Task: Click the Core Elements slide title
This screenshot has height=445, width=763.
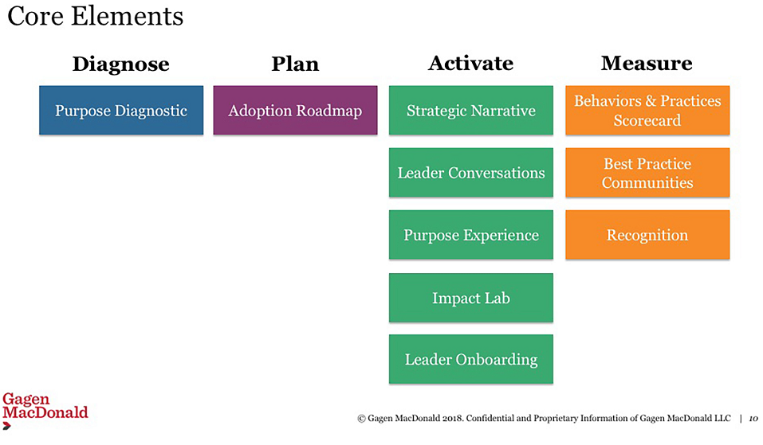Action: (96, 16)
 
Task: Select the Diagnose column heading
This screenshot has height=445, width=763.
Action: (121, 64)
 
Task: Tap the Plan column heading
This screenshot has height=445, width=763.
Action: (295, 64)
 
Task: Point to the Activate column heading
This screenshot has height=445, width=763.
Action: (471, 63)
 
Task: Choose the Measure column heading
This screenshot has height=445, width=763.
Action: (647, 63)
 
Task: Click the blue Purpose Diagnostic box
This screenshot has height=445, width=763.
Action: (121, 111)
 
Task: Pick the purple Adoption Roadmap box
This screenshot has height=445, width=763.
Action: (295, 111)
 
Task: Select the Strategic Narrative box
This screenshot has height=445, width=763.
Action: (471, 111)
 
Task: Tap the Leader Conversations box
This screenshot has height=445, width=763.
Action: (471, 173)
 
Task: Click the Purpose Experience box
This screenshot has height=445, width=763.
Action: (471, 235)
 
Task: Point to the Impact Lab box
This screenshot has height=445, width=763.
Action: (471, 298)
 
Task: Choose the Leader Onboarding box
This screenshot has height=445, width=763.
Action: (471, 359)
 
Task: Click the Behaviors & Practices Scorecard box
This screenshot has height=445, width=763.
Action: (647, 111)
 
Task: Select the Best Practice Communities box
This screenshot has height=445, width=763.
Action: (647, 173)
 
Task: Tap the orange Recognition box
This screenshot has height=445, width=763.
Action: (647, 235)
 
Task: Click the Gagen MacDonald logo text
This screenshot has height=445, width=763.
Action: (45, 406)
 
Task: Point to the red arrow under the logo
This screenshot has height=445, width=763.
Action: (7, 426)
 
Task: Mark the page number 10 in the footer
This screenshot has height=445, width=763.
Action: (753, 418)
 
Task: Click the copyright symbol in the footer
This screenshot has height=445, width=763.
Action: (361, 418)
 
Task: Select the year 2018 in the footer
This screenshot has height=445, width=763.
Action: (453, 418)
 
